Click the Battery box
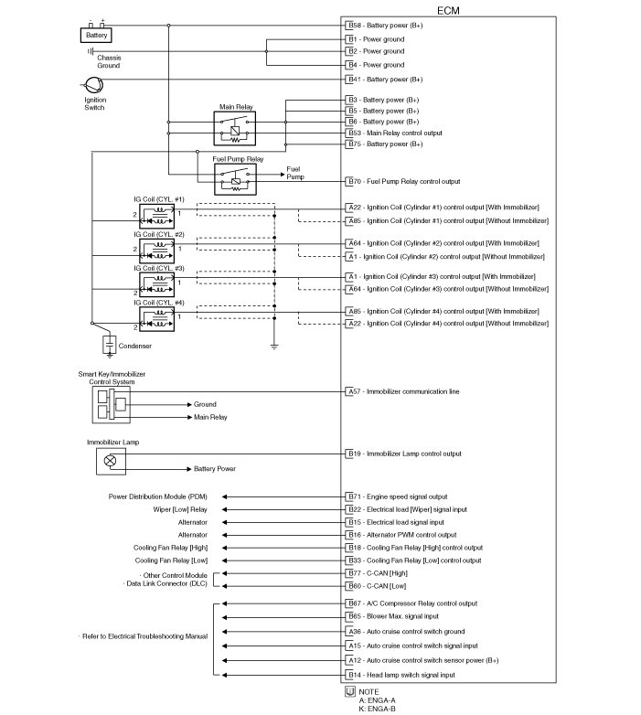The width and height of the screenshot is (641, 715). [97, 36]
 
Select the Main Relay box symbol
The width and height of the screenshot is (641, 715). [239, 128]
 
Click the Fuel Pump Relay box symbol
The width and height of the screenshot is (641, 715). [237, 178]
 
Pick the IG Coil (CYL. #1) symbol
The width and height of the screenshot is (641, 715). [158, 215]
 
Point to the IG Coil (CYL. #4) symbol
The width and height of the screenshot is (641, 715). [158, 316]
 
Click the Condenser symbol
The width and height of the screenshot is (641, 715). [110, 344]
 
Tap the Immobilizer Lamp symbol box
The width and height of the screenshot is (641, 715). [111, 461]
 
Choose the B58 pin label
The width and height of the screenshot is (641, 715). [354, 26]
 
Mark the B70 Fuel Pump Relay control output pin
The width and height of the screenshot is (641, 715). [354, 182]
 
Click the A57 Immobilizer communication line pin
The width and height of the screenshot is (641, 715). [354, 391]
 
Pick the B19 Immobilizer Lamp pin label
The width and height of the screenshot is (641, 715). [354, 454]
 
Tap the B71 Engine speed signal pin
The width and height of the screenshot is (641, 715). [354, 496]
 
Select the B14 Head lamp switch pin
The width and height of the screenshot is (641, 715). [354, 674]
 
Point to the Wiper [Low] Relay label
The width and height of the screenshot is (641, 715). [179, 509]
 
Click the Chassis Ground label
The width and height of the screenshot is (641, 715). [109, 62]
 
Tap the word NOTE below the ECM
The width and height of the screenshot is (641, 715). [369, 691]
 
